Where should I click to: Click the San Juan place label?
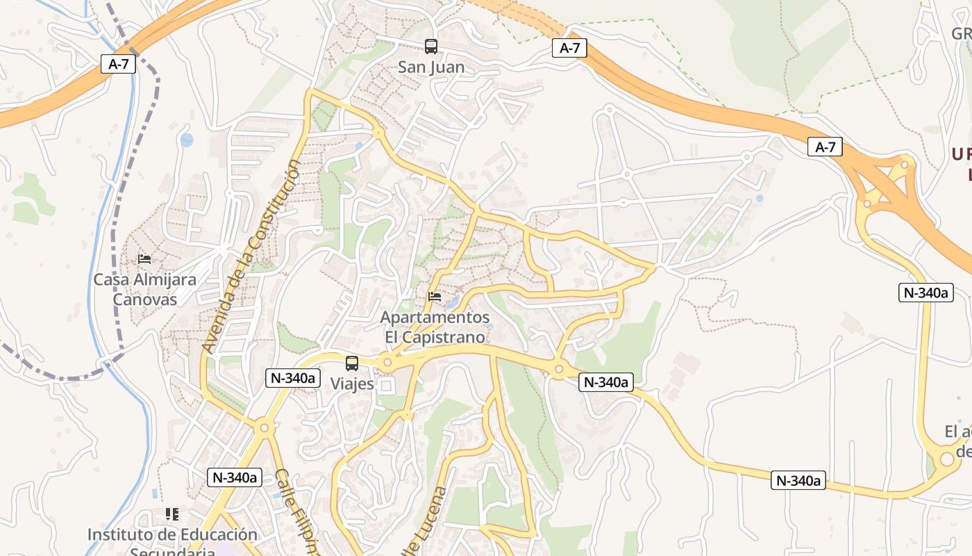[430, 67]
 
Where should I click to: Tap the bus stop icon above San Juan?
[431, 47]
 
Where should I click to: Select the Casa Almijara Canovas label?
[144, 289]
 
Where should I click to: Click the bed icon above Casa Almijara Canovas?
[144, 259]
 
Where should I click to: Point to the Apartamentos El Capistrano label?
[435, 327]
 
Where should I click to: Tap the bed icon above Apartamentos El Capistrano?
[435, 297]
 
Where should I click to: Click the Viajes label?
[352, 384]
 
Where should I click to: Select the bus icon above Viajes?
[352, 363]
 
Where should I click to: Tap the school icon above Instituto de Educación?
[172, 514]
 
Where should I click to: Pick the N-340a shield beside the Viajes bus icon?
[293, 378]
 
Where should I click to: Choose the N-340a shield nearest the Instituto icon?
[234, 477]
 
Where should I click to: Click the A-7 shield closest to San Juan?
[569, 48]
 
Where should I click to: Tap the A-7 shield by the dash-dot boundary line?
[119, 65]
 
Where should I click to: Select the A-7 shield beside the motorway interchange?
[825, 147]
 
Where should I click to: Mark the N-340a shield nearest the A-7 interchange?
[926, 293]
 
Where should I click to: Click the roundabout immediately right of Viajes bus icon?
[387, 362]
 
